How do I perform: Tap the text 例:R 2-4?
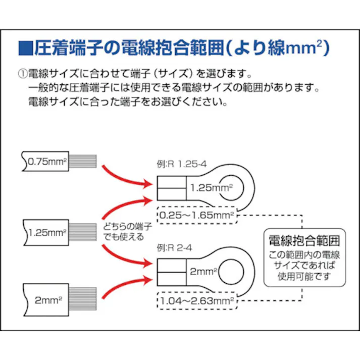pos(175,248)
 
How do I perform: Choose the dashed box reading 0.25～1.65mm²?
pos(196,216)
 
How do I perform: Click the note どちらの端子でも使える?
pos(123,231)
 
